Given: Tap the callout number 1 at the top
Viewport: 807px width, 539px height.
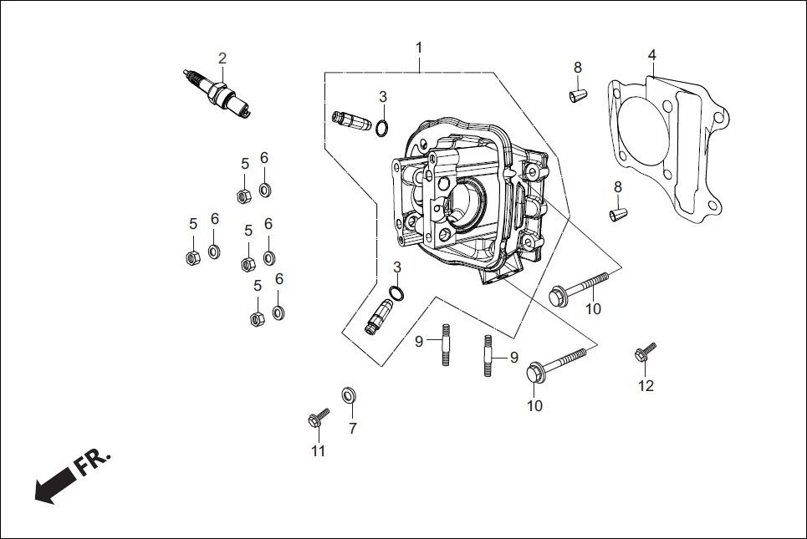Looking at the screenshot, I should point(419,48).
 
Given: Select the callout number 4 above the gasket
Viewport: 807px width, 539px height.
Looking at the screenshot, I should point(651,55).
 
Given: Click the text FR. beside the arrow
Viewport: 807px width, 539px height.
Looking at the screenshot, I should point(93,462).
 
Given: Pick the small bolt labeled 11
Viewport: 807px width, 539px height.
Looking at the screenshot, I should point(318,417).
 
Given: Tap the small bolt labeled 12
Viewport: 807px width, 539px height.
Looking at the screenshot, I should point(646,353).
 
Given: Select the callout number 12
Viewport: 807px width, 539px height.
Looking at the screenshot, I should point(646,386).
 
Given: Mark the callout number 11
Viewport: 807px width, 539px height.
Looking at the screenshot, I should point(318,451).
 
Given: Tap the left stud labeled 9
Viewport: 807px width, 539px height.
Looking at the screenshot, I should point(447,345).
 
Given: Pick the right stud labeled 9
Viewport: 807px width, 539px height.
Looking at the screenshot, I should point(486,354).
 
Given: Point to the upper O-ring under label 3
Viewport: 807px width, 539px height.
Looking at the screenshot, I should point(382,128).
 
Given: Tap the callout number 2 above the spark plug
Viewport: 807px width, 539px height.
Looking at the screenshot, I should point(222,58).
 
